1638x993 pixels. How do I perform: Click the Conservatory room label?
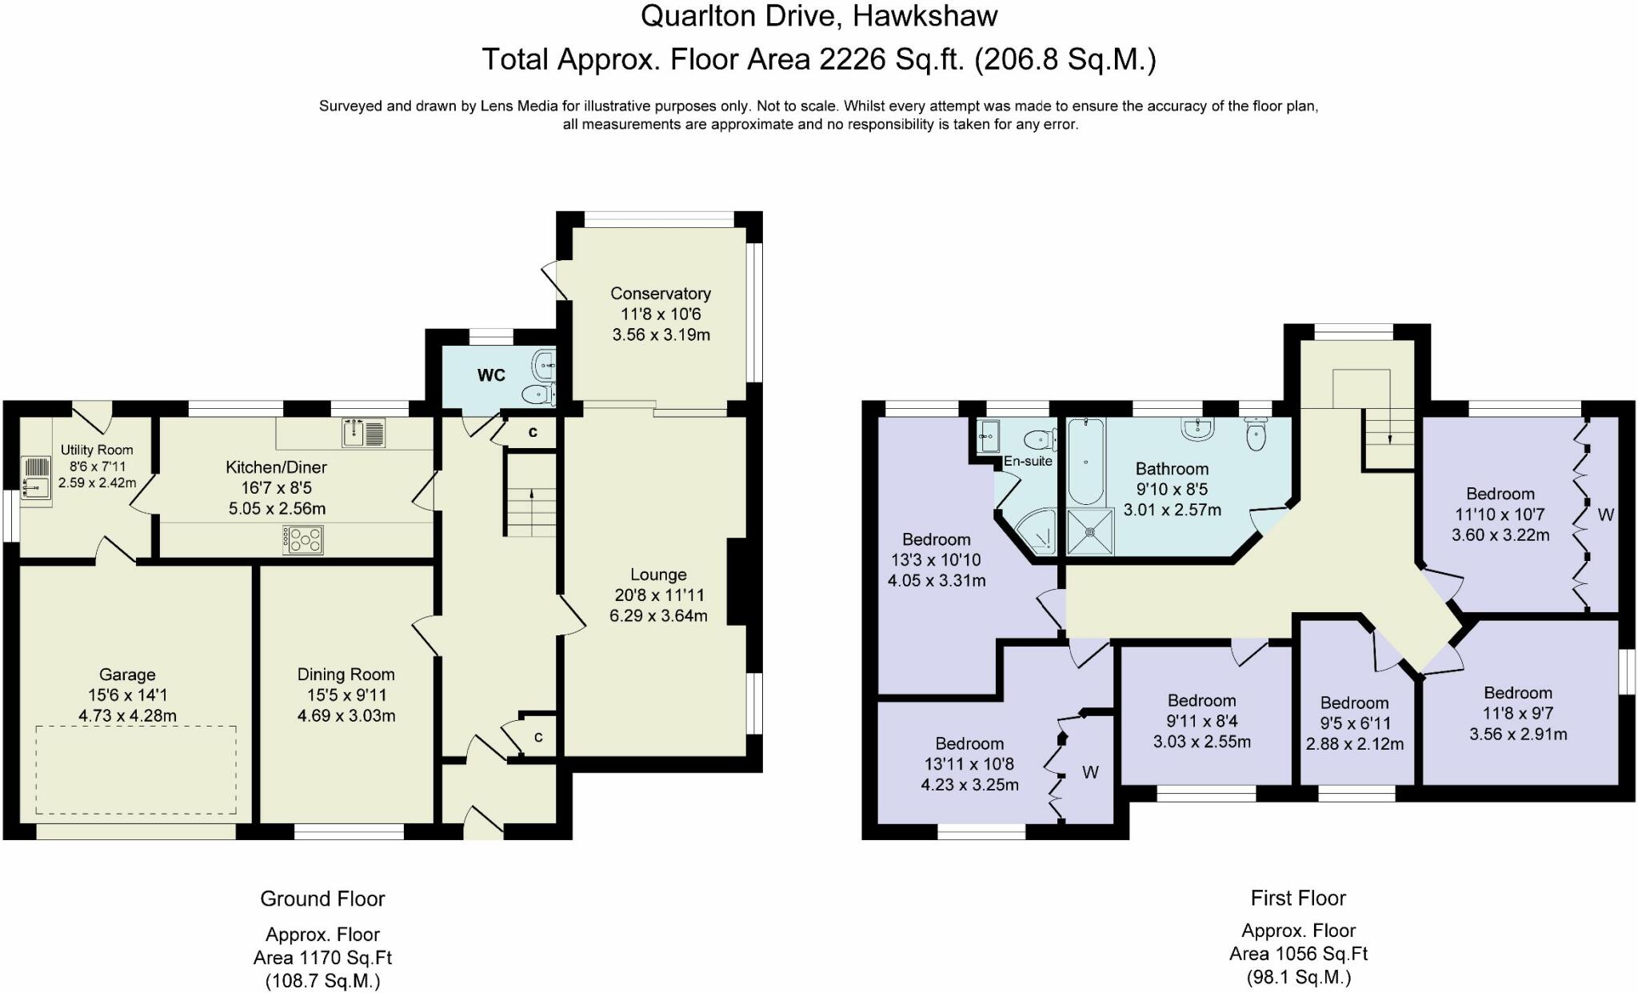click(x=660, y=294)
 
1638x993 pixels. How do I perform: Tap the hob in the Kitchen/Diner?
click(x=303, y=540)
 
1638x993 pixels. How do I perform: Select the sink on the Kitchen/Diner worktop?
click(x=363, y=433)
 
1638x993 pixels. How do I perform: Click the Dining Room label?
click(x=346, y=675)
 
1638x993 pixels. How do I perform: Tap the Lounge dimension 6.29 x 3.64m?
click(x=658, y=616)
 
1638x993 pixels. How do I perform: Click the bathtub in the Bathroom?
click(x=1085, y=461)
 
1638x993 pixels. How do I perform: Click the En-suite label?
click(x=1029, y=461)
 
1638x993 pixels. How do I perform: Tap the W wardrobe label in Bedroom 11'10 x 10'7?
click(x=1605, y=515)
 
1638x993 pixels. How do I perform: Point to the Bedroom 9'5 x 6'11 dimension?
click(x=1355, y=723)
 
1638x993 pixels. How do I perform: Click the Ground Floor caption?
click(x=323, y=899)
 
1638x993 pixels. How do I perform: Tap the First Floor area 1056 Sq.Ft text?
click(x=1299, y=954)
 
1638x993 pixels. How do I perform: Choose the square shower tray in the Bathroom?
click(x=1089, y=531)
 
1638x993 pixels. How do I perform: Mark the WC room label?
click(x=491, y=375)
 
